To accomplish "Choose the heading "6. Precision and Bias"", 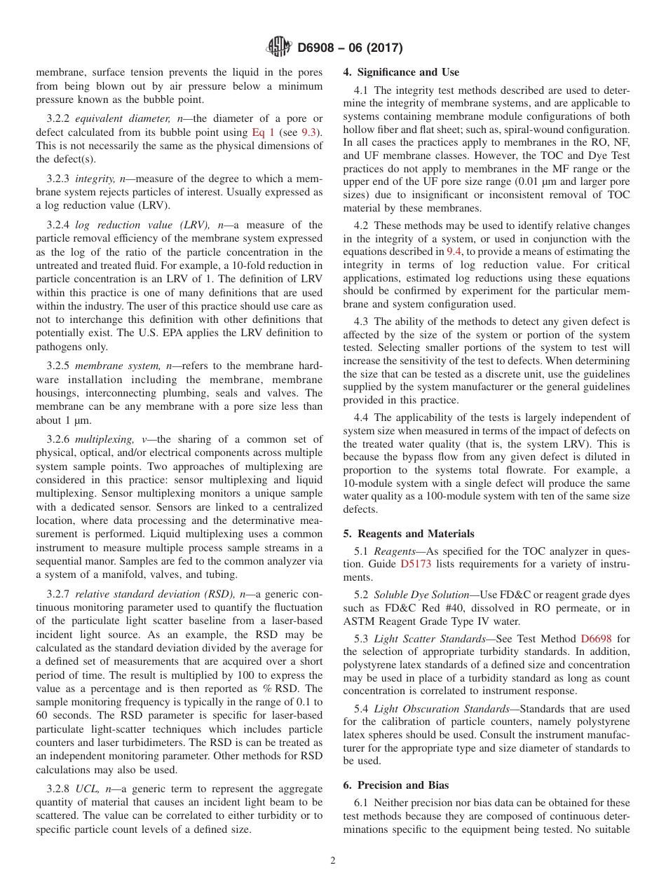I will (396, 785).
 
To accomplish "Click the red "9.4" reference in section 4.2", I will (454, 251).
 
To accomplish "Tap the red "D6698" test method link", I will (595, 638).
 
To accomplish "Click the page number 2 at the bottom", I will (333, 861).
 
